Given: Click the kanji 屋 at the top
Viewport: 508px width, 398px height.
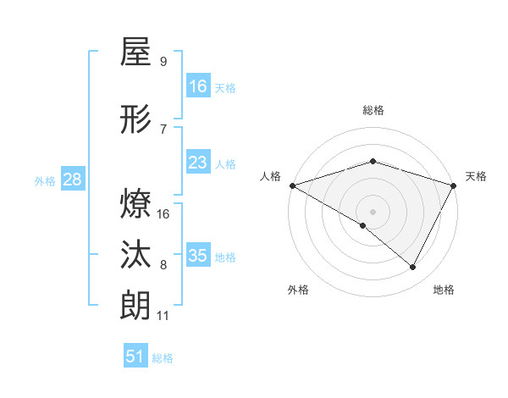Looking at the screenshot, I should coord(135,53).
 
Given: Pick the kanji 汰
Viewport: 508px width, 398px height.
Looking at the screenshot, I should coord(135,255).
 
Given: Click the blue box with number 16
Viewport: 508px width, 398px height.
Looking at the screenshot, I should coord(198,86).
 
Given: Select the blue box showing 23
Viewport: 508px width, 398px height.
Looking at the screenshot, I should coord(198,163).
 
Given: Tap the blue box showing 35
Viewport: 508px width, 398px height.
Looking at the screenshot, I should coord(198,256).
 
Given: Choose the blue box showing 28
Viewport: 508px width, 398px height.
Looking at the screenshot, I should coord(72,180).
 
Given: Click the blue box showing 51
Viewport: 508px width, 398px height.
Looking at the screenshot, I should coord(135,357).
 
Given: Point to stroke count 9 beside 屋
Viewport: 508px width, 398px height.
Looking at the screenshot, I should coord(163,62).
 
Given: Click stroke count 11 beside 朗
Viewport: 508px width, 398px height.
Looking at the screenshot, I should coord(163,316).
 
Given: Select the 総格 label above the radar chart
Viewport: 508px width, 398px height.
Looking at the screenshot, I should coord(373,110).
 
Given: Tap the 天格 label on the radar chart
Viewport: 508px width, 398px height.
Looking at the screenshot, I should coord(476,176).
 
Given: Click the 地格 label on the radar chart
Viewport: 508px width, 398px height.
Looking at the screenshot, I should coord(444,290).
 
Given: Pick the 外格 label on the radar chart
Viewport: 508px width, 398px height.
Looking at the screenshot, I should coord(298,290).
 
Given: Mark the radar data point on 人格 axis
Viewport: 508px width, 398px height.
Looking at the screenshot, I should coord(292,185).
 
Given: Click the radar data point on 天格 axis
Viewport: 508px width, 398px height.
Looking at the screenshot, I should coord(454,185).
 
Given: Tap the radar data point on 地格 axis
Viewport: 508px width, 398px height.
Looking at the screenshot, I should coord(413,268).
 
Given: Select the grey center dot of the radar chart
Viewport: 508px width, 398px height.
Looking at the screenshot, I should coord(373,211).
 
